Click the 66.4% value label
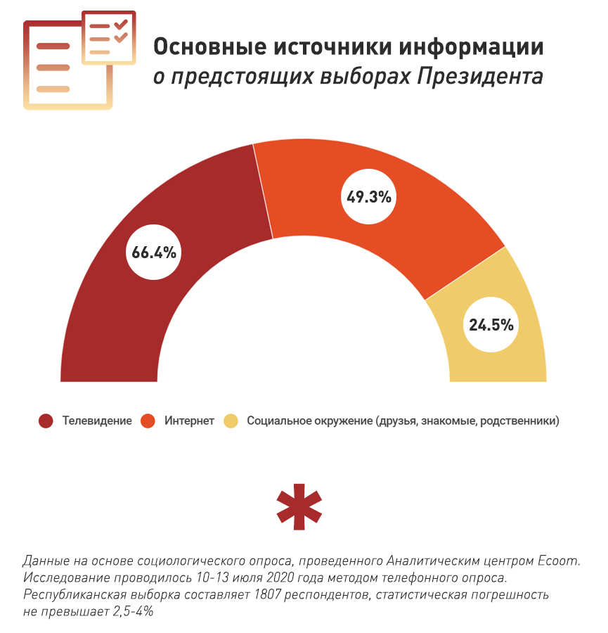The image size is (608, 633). [x=153, y=252]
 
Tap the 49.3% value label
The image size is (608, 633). [x=368, y=197]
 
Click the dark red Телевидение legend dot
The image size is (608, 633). [x=46, y=421]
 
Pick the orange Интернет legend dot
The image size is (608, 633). [x=148, y=421]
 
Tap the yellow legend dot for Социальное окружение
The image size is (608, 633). [x=231, y=421]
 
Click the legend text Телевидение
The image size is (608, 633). [x=97, y=421]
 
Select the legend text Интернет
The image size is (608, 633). [x=190, y=421]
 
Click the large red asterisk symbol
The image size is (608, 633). [x=299, y=506]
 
